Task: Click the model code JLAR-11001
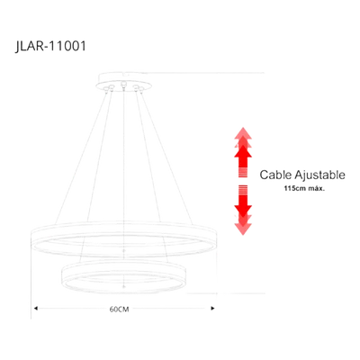[50, 47]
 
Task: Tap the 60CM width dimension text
[119, 310]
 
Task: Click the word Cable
[275, 175]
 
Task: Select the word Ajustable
[319, 175]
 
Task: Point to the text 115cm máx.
[304, 189]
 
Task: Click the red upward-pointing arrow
[243, 152]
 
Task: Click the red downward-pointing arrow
[243, 210]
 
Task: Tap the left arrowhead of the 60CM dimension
[36, 308]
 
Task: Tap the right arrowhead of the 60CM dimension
[213, 308]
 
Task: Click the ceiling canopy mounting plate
[123, 82]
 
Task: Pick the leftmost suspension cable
[81, 156]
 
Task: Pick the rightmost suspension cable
[166, 156]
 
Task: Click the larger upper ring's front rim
[123, 254]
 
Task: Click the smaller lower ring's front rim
[123, 291]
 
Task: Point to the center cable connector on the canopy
[122, 85]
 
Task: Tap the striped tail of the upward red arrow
[243, 173]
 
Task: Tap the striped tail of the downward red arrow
[243, 190]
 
